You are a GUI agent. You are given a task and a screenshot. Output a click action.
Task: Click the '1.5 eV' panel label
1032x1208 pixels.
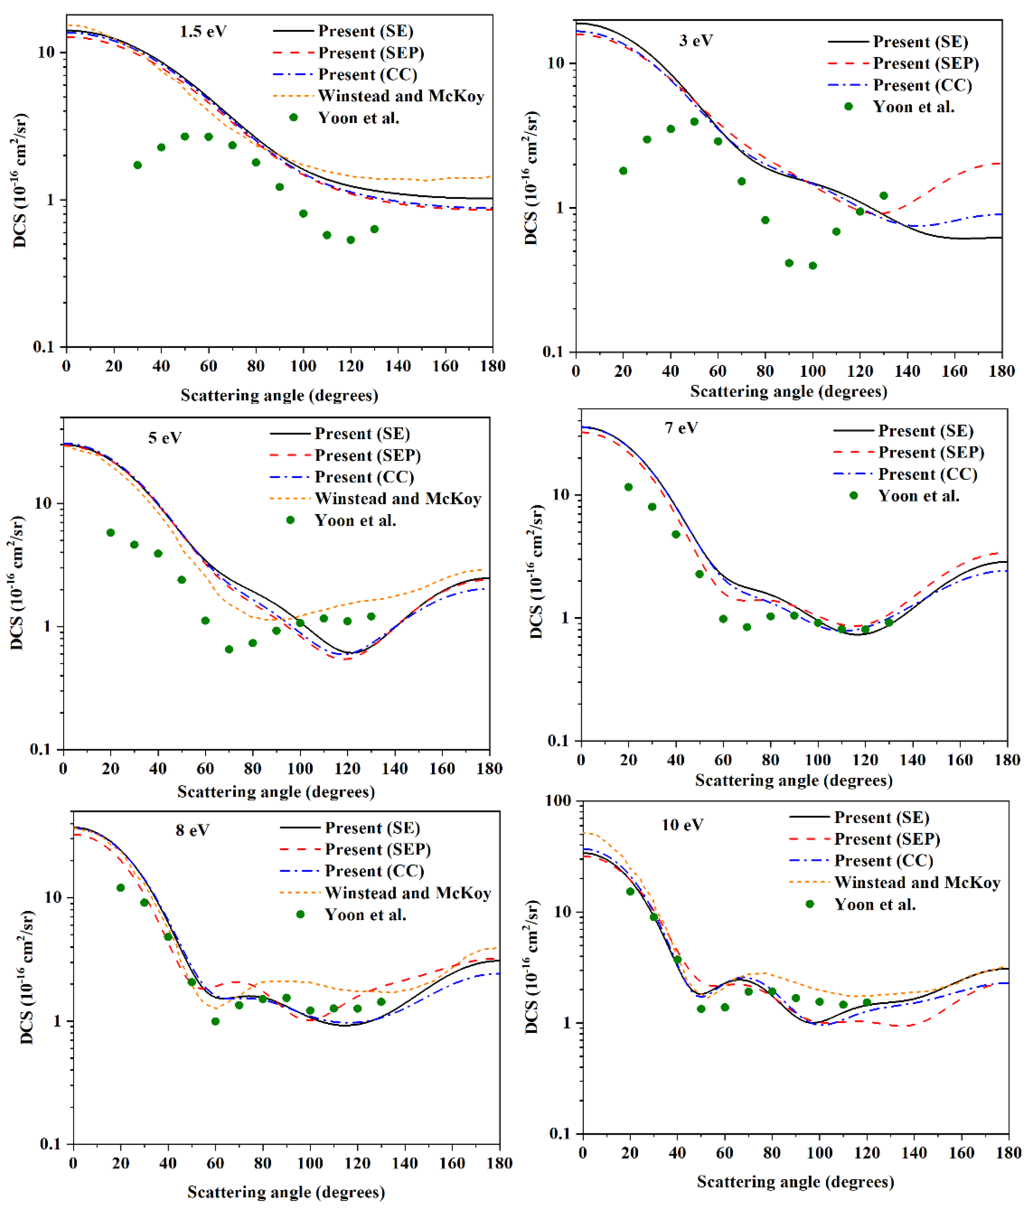coord(203,32)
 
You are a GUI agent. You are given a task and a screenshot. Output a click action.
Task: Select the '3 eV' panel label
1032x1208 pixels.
coord(695,41)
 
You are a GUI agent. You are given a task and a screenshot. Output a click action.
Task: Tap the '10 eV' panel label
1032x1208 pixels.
coord(682,825)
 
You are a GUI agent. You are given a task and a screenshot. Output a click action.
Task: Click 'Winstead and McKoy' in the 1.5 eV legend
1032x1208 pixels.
coord(401,96)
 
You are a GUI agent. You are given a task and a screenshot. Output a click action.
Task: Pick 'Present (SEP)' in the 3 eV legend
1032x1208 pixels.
coord(926,63)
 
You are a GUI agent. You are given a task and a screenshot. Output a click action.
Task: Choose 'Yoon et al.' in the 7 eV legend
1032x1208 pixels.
coord(919,496)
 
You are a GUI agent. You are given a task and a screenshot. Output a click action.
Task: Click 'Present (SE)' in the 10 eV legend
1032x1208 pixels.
coord(881,818)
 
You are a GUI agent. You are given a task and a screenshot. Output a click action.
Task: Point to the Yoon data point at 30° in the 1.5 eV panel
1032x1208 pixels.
coord(138,165)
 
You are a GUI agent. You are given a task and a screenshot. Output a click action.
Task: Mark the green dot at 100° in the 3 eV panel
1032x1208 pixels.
coord(813,266)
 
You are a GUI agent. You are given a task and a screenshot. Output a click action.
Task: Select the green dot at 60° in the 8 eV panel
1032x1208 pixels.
coord(215,1021)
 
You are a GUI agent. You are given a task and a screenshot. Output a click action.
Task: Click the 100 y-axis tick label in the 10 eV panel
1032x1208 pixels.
coord(558,801)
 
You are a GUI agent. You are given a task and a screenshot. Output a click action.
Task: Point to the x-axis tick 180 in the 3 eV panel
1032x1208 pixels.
coord(1002,371)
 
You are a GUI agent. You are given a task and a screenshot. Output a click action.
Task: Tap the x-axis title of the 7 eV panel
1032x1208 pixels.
coord(793,781)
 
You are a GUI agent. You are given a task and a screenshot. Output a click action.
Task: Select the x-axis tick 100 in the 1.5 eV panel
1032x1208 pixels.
coord(303,366)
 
